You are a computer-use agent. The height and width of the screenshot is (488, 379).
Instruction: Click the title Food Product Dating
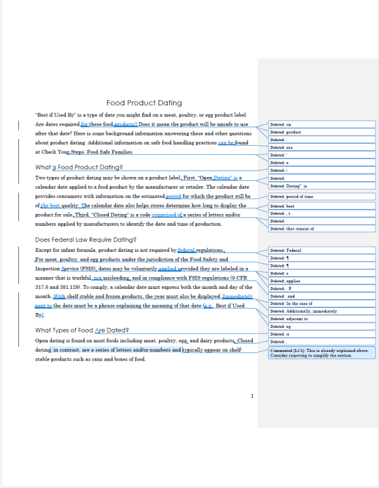click(144, 103)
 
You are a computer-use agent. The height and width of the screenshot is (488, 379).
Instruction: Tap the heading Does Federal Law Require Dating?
click(85, 239)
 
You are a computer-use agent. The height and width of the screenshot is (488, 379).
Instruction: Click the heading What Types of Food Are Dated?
click(81, 330)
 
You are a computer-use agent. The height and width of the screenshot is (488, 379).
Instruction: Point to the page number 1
click(252, 396)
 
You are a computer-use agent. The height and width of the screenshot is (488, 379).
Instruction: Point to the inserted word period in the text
click(174, 196)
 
